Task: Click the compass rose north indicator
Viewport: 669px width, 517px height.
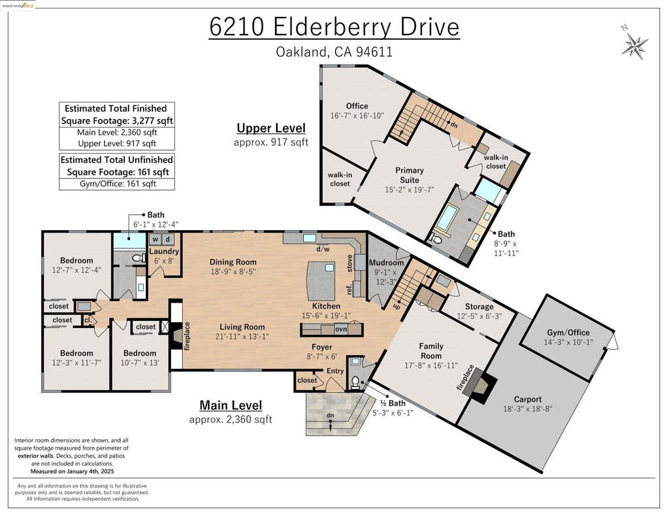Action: pyautogui.click(x=634, y=44)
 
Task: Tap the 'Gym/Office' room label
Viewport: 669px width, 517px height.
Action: pyautogui.click(x=568, y=333)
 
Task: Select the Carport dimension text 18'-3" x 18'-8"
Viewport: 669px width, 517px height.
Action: pyautogui.click(x=528, y=409)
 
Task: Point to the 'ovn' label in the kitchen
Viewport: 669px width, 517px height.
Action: pyautogui.click(x=341, y=329)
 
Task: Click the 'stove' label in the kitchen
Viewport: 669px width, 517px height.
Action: pyautogui.click(x=350, y=263)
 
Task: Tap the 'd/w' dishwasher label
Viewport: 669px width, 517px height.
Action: pyautogui.click(x=323, y=249)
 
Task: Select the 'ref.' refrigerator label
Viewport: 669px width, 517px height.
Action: pyautogui.click(x=349, y=289)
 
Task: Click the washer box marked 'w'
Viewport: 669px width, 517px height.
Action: pyautogui.click(x=155, y=239)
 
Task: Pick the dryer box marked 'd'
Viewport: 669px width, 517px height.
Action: pyautogui.click(x=168, y=239)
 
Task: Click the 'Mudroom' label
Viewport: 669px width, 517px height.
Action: pyautogui.click(x=386, y=263)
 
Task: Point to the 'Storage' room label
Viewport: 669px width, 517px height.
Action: pyautogui.click(x=479, y=307)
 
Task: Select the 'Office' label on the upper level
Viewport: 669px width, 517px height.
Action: pyautogui.click(x=357, y=106)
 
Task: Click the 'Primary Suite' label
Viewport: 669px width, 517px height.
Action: pyautogui.click(x=409, y=175)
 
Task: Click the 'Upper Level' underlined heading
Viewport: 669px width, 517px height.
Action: pyautogui.click(x=271, y=128)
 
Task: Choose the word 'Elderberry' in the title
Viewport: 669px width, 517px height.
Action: pyautogui.click(x=332, y=27)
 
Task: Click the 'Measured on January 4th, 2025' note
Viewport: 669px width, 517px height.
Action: pyautogui.click(x=72, y=471)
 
